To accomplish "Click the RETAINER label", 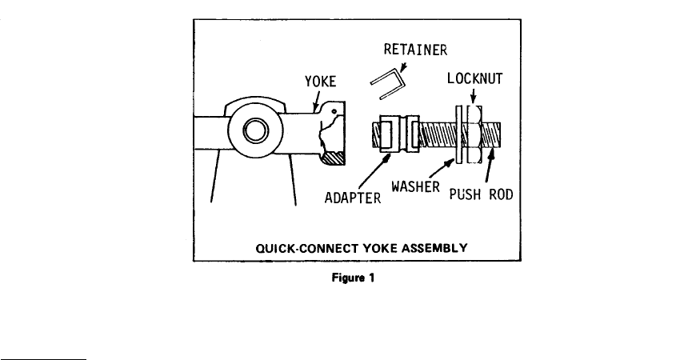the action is pos(415,50).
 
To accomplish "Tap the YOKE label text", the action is pos(321,81).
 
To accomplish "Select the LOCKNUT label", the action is pos(475,78).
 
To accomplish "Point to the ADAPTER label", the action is pos(353,198).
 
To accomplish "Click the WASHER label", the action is pos(415,186).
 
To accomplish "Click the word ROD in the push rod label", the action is pos(502,194).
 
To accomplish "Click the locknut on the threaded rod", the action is pos(474,134).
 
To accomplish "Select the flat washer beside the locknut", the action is pos(459,135).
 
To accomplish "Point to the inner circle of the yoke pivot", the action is pos(255,130).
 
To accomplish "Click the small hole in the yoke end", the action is pos(334,111).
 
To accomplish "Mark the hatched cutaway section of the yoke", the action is pos(334,158).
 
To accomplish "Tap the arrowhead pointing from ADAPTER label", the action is pos(387,158).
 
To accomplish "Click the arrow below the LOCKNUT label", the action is pos(473,96).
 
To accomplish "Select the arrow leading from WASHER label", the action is pos(442,169).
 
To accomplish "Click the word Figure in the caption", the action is pos(348,278).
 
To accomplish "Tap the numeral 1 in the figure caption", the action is pos(371,278).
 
